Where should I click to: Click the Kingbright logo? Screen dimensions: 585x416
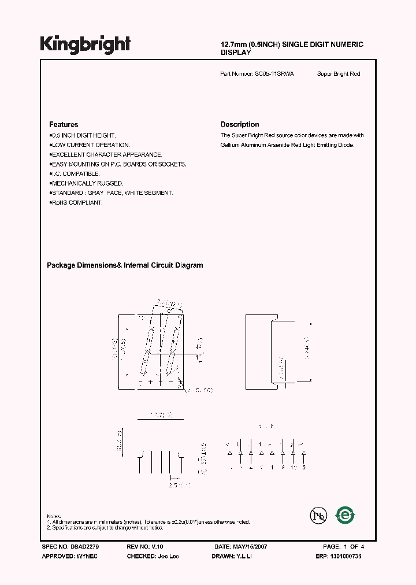(85, 45)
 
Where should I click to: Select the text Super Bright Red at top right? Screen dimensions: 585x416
(339, 74)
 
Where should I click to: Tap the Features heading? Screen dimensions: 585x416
(64, 124)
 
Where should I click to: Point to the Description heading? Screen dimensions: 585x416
(240, 124)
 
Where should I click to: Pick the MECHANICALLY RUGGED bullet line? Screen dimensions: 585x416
(87, 183)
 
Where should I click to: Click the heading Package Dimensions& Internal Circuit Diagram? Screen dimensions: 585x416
(125, 265)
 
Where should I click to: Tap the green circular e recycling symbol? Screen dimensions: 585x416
(346, 514)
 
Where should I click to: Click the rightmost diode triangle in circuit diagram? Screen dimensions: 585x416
(303, 452)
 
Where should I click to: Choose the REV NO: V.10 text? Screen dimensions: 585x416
(144, 546)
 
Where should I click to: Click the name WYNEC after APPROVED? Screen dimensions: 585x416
(88, 556)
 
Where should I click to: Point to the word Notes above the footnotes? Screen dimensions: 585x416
(54, 516)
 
